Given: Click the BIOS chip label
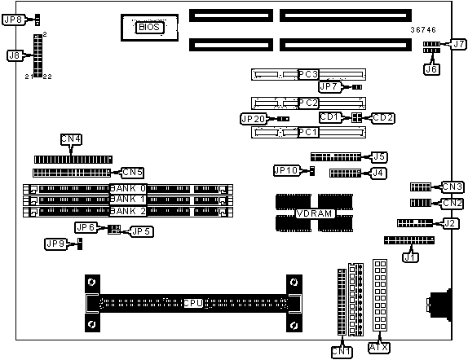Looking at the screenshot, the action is [x=149, y=28].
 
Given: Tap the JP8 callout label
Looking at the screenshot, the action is [x=13, y=20].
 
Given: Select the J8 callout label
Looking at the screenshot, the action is [x=15, y=55].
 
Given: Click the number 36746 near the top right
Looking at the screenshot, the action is [x=423, y=30].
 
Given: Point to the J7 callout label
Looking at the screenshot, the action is [x=458, y=45].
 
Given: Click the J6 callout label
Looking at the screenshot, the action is [x=431, y=69].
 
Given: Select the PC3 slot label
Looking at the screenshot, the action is [x=309, y=74].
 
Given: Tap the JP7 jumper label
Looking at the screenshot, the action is [x=329, y=87].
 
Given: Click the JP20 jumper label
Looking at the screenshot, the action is [x=253, y=119].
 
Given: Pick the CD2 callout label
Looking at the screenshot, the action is [x=383, y=118].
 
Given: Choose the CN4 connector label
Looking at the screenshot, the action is [x=71, y=139].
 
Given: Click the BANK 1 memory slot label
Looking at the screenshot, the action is [x=128, y=200].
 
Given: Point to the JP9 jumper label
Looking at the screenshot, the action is [x=55, y=244].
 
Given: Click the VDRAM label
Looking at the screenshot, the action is [x=314, y=213].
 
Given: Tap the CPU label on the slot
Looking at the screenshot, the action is [x=193, y=303].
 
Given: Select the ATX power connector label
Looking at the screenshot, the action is [x=379, y=348].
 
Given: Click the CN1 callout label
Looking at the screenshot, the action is [x=342, y=352].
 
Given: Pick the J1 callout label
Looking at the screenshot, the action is [x=410, y=257].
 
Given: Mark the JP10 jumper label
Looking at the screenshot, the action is [x=286, y=170].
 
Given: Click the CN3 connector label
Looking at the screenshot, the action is [x=453, y=187].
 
